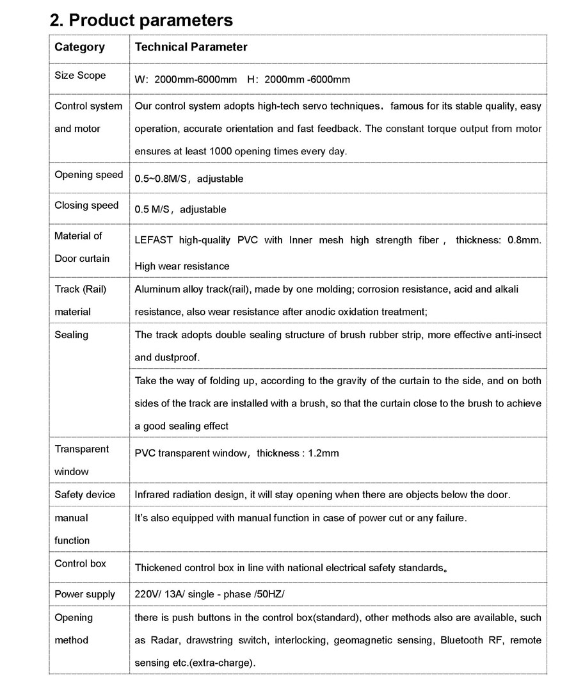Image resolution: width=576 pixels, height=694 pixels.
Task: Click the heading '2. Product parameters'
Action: pyautogui.click(x=141, y=20)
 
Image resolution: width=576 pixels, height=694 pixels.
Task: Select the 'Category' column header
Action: pyautogui.click(x=79, y=47)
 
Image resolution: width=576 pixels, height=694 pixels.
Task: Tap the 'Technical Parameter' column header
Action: pyautogui.click(x=191, y=47)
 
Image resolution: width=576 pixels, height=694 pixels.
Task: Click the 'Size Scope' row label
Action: pyautogui.click(x=80, y=76)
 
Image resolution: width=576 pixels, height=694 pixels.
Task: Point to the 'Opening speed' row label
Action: pyautogui.click(x=88, y=175)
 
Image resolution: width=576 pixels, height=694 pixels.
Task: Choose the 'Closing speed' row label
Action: pyautogui.click(x=86, y=206)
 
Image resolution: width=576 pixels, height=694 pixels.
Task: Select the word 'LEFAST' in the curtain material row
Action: pyautogui.click(x=154, y=241)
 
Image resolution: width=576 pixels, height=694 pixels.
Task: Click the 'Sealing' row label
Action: pyautogui.click(x=71, y=335)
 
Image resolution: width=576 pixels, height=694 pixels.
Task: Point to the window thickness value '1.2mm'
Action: pyautogui.click(x=323, y=453)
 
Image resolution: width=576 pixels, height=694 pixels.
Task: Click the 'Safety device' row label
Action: pyautogui.click(x=84, y=495)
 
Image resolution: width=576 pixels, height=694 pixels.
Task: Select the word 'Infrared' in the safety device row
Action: pyautogui.click(x=153, y=495)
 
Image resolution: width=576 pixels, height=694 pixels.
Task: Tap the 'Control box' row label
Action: pyautogui.click(x=80, y=564)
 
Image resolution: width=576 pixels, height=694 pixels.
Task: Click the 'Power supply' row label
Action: pyautogui.click(x=84, y=595)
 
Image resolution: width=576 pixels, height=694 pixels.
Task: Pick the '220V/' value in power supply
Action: pyautogui.click(x=147, y=595)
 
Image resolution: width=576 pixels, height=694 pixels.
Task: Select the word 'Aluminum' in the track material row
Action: pyautogui.click(x=156, y=289)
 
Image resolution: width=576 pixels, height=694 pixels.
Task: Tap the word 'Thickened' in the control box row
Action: pyautogui.click(x=157, y=568)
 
